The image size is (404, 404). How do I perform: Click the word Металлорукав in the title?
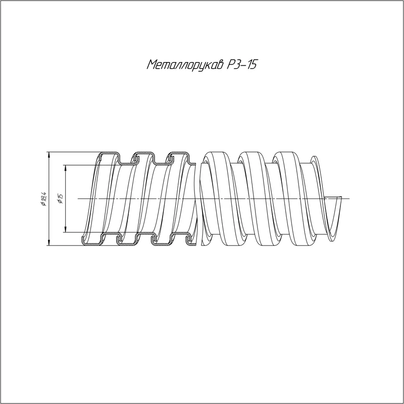coord(185,65)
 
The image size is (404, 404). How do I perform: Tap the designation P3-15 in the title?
coord(242,65)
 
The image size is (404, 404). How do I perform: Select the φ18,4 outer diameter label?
coord(43,199)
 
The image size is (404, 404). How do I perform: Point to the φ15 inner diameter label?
coord(61,198)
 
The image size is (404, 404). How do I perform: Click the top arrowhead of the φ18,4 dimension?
coord(48,155)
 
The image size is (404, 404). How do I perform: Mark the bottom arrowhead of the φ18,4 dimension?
coord(48,242)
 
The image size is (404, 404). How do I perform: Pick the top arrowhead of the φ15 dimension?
coord(66,168)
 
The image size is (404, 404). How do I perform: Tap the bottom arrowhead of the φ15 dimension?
coord(66,229)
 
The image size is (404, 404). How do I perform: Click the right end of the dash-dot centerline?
coord(349,198)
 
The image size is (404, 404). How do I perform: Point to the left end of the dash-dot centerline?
coord(78,198)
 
